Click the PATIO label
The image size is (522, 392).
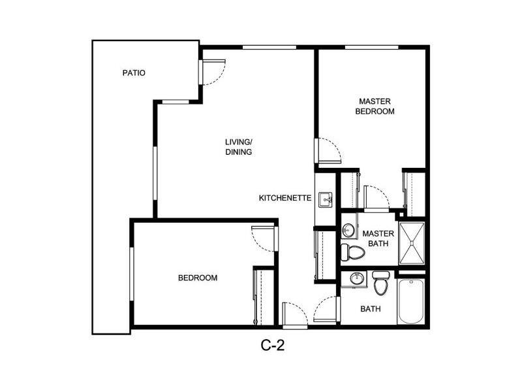[x=134, y=73]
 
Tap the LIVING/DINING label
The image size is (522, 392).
[x=239, y=146]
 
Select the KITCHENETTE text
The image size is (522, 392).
[x=284, y=198]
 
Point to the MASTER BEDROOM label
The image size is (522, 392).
[x=375, y=106]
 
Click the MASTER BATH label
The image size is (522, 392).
[x=378, y=238]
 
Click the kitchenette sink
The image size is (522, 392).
[x=326, y=199]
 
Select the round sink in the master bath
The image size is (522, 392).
[x=348, y=230]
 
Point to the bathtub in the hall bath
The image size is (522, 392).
[x=411, y=301]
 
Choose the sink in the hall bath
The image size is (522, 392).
[x=356, y=280]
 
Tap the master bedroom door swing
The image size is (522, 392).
[x=330, y=152]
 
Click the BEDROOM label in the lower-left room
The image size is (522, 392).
[x=198, y=278]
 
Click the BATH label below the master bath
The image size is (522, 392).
[x=371, y=309]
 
